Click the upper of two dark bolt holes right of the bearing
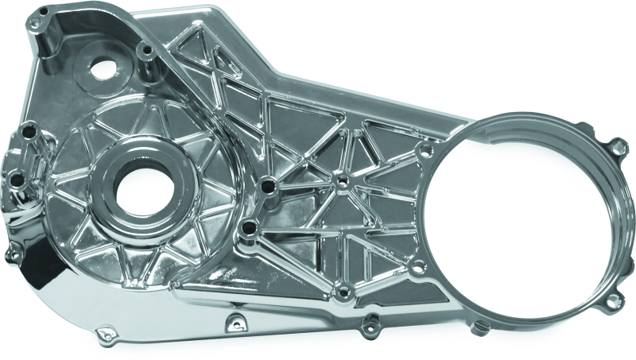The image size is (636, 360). pyautogui.click(x=268, y=187)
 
